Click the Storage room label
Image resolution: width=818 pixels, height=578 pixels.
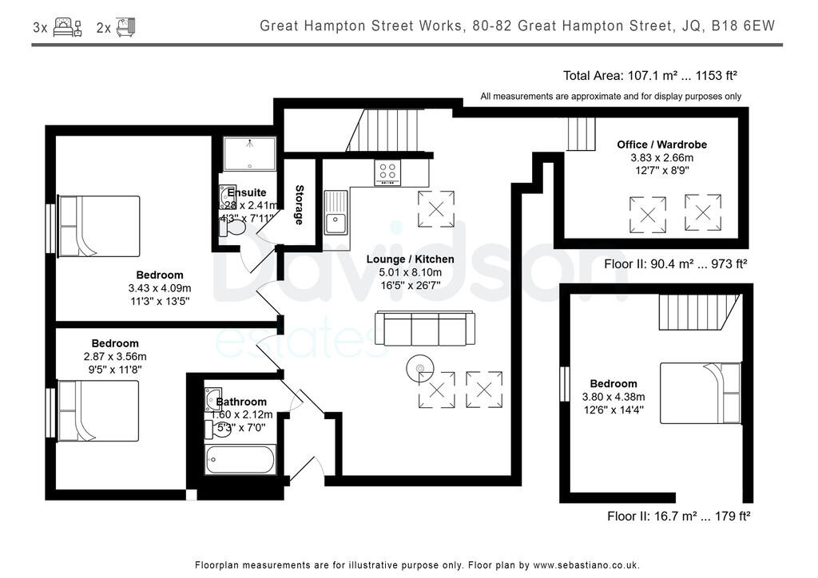300,204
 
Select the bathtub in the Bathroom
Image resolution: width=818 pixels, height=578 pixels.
240,459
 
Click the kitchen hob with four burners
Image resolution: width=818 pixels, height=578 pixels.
388,172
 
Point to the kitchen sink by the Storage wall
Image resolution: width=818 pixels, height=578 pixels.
336,212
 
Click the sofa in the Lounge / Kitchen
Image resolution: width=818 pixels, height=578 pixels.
425,328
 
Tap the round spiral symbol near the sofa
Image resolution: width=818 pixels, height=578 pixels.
418,369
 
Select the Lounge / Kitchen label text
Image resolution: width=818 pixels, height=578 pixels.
410,259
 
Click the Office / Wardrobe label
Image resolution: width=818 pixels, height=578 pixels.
661,144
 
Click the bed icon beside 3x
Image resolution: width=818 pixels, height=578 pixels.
67,27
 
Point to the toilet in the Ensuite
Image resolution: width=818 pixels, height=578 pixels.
234,228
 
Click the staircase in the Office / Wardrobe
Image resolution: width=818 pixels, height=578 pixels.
581,133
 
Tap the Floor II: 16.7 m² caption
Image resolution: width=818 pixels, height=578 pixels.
678,517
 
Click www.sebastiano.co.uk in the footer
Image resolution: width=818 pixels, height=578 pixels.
586,564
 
